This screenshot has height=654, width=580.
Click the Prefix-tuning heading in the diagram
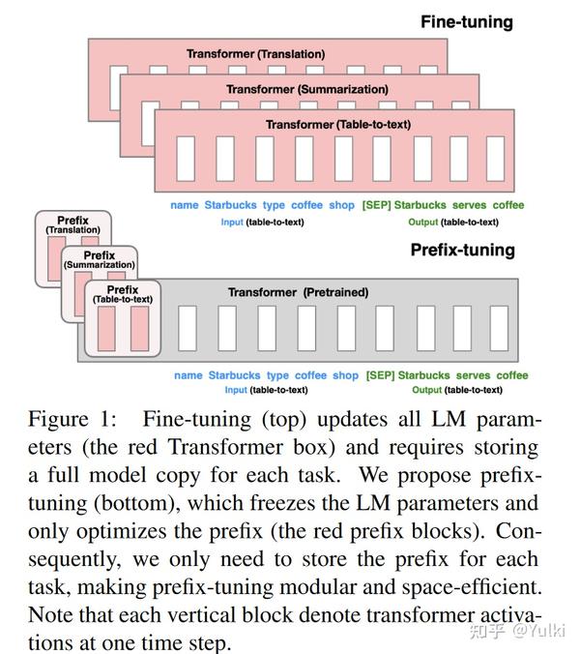pyautogui.click(x=463, y=250)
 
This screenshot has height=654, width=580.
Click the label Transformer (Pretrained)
pyautogui.click(x=298, y=292)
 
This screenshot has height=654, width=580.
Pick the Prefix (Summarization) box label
pyautogui.click(x=99, y=259)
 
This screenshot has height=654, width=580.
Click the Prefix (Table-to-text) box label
pyautogui.click(x=123, y=294)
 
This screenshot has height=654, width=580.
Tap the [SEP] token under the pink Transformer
pyautogui.click(x=375, y=205)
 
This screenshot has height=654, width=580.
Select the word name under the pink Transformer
pyautogui.click(x=185, y=205)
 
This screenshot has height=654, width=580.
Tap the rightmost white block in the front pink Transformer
pyautogui.click(x=495, y=159)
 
